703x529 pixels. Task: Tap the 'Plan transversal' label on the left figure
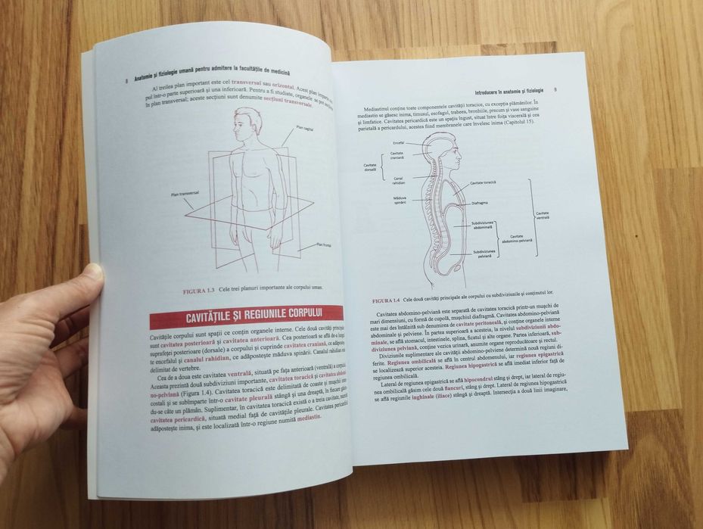pyautogui.click(x=185, y=194)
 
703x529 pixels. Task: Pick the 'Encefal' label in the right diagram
pyautogui.click(x=399, y=142)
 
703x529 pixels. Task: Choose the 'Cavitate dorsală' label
pyautogui.click(x=370, y=166)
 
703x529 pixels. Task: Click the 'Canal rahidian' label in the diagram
pyautogui.click(x=399, y=181)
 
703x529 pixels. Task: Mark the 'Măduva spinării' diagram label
pyautogui.click(x=400, y=201)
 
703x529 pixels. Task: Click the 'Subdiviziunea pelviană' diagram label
pyautogui.click(x=484, y=253)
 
